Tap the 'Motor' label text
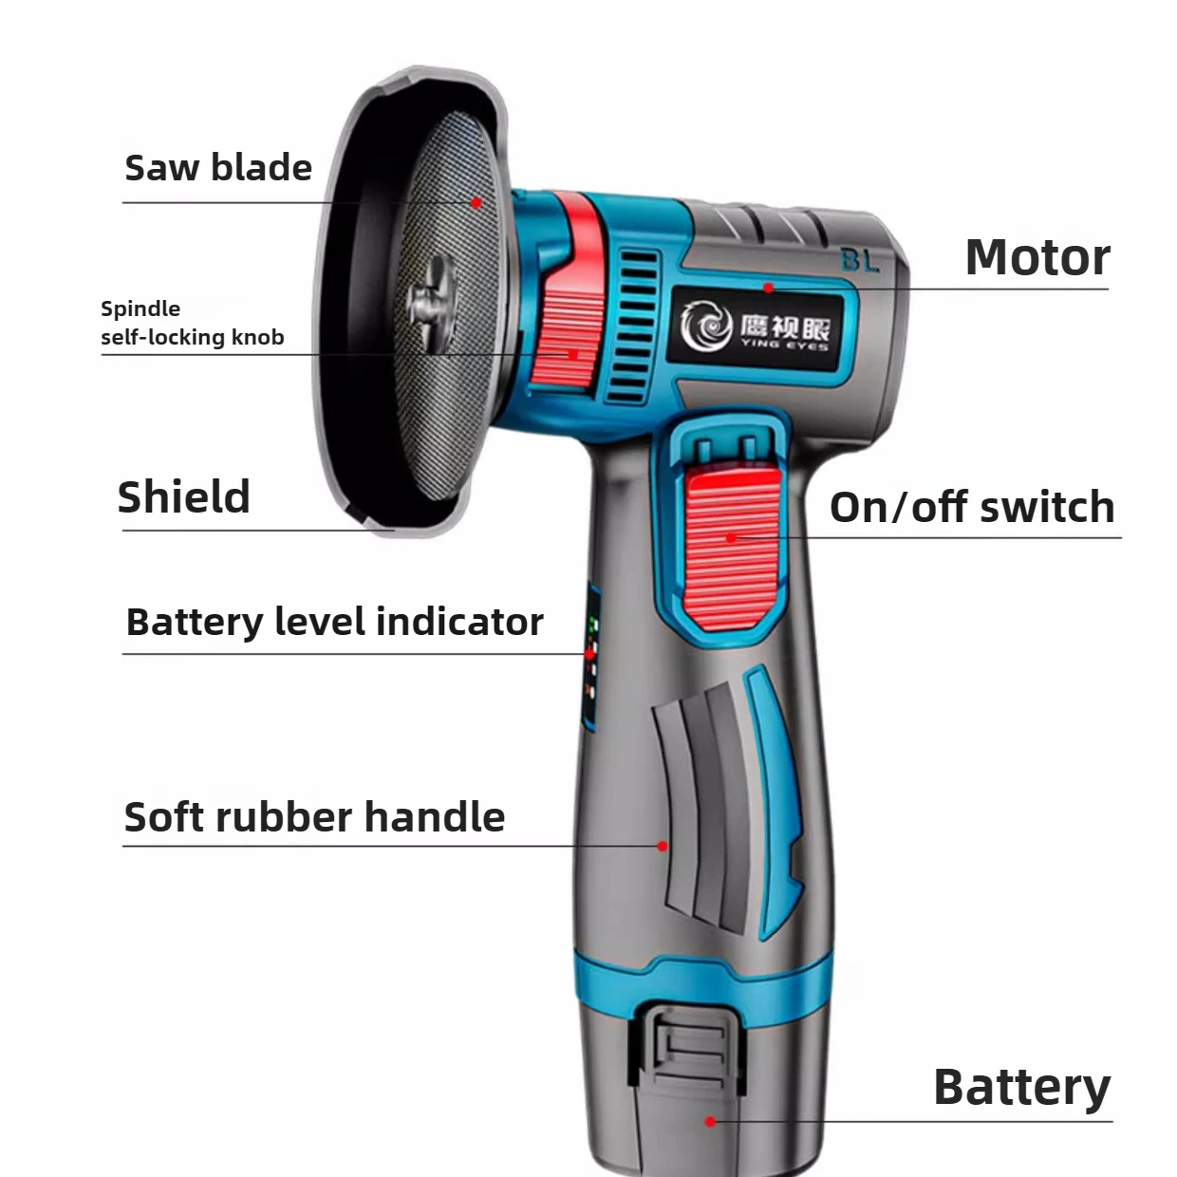[x=1037, y=258]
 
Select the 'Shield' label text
[x=184, y=496]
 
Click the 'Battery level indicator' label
[x=335, y=623]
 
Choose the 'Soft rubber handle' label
[x=314, y=816]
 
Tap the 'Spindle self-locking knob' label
[x=193, y=323]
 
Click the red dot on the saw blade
[x=476, y=202]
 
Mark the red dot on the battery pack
[x=710, y=1121]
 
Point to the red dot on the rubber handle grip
[x=663, y=846]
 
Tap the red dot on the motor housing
[x=769, y=288]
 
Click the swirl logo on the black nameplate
[x=707, y=327]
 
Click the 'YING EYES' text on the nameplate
[x=785, y=346]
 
